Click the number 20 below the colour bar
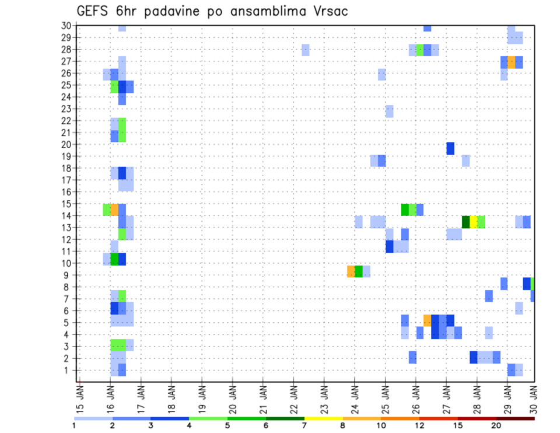496,426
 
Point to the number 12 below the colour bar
420,426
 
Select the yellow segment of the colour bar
323,418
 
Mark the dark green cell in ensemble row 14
466,222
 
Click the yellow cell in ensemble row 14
473,222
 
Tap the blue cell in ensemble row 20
450,148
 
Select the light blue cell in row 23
389,111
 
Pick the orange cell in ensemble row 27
511,62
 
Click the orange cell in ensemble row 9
351,271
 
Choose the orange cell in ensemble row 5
428,320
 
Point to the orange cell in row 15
114,209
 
